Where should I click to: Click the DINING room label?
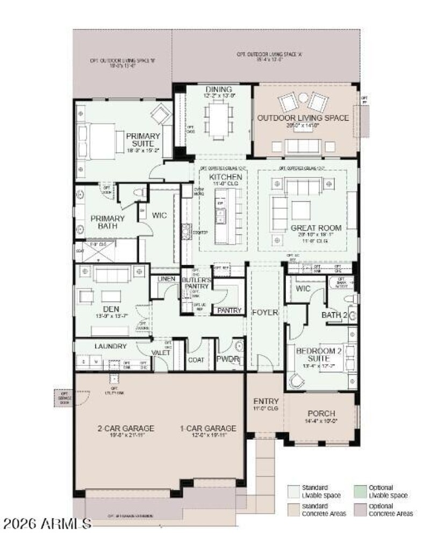coord(218,89)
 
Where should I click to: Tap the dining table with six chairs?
coord(218,121)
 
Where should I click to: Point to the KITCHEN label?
coord(226,177)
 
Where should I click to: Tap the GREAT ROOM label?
coord(316,228)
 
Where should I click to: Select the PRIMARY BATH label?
coord(107,222)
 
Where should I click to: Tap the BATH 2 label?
coord(334,315)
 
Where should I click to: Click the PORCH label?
coord(321,413)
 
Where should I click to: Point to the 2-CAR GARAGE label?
coord(127,428)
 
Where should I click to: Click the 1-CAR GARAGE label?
coord(207,428)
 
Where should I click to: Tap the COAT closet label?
coord(196,360)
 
